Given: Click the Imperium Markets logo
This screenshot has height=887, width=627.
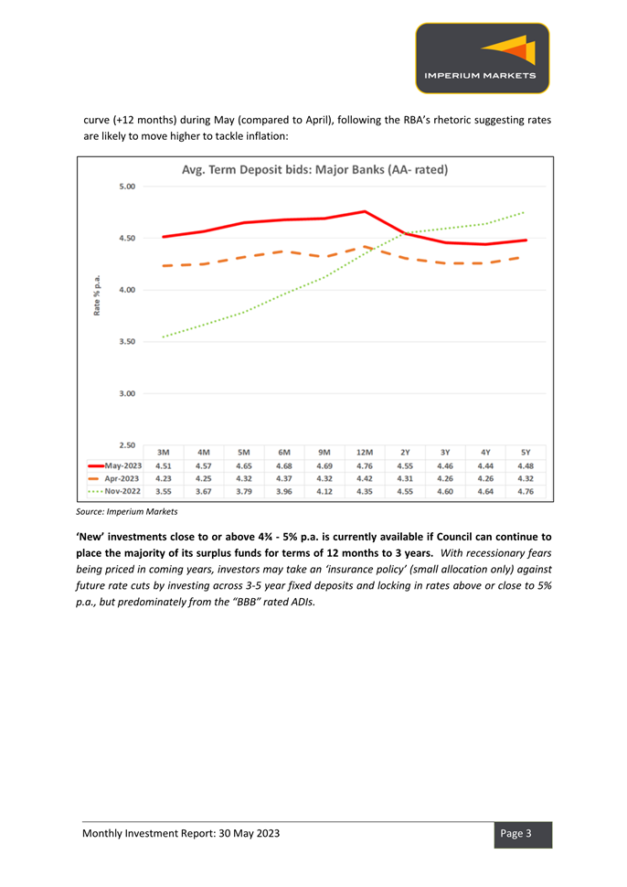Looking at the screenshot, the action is [x=483, y=58].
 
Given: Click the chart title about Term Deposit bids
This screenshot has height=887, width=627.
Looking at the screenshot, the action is [x=315, y=170].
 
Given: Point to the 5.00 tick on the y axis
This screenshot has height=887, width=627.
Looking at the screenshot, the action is [x=127, y=187].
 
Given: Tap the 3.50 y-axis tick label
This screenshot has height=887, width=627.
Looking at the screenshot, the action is [x=127, y=342].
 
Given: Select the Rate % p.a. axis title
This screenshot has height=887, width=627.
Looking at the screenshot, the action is [x=97, y=295].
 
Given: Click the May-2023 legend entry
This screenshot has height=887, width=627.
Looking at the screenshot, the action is [x=115, y=465].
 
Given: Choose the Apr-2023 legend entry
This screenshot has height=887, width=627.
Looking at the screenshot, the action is [x=115, y=478].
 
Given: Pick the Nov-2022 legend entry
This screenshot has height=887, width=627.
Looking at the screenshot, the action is [x=115, y=491].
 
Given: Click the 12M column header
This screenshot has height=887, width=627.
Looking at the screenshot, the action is [x=365, y=453].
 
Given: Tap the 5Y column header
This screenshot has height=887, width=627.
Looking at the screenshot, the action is [x=526, y=453].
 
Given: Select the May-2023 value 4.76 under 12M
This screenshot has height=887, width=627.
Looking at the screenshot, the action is [x=365, y=466].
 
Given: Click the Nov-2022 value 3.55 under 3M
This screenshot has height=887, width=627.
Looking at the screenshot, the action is [x=164, y=492].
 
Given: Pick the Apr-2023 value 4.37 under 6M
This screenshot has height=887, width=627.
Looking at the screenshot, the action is [x=284, y=478].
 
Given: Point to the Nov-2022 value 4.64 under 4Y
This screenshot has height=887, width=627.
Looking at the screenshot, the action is [x=485, y=492].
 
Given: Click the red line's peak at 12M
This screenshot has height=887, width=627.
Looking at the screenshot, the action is [x=365, y=211].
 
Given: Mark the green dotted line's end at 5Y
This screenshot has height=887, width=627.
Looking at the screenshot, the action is [x=526, y=212].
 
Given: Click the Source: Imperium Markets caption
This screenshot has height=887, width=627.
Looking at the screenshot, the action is [x=127, y=511].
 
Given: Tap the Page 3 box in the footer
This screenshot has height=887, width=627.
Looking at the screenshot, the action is [x=523, y=834].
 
